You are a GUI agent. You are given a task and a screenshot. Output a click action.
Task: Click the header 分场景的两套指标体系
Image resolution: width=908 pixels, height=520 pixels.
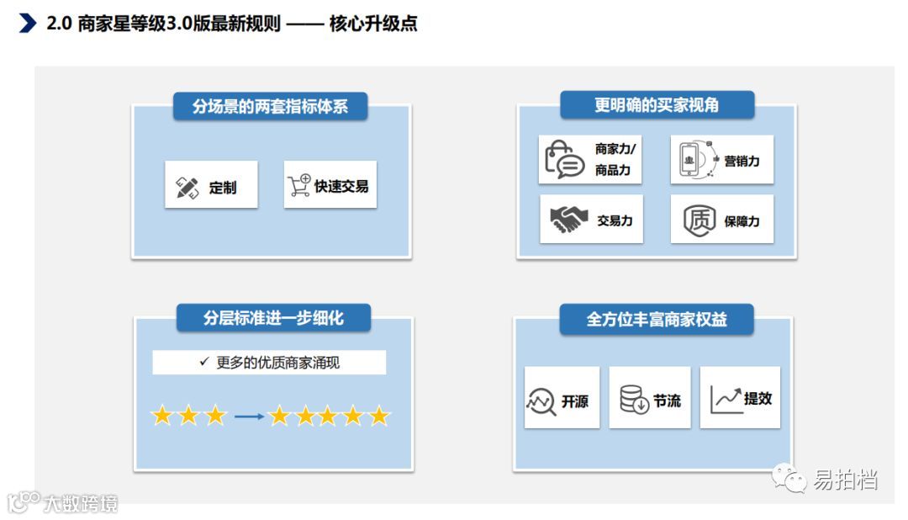(x=270, y=107)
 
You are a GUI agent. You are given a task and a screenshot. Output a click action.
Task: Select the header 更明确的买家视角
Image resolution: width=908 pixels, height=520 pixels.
(x=657, y=105)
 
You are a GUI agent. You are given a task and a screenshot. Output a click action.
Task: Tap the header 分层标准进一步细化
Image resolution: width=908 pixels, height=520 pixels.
(x=273, y=318)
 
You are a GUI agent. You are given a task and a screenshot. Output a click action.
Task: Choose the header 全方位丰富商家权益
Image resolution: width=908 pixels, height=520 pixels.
(x=657, y=320)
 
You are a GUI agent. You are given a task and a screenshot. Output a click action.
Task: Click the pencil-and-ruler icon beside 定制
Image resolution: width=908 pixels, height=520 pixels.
(x=187, y=188)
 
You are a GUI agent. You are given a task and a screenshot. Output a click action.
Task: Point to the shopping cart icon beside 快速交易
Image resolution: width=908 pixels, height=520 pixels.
(x=298, y=185)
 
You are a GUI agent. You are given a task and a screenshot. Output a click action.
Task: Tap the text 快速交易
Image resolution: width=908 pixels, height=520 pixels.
(x=341, y=186)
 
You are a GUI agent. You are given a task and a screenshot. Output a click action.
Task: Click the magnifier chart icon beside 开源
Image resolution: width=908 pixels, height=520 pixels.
(x=541, y=401)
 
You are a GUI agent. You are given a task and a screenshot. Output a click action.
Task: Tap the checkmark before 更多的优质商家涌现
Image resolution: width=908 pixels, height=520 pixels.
(x=203, y=362)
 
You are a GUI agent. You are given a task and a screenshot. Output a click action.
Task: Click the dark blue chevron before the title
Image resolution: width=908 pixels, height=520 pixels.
(x=27, y=24)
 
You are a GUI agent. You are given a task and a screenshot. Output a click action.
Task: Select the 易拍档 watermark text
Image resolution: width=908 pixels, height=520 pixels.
(x=846, y=480)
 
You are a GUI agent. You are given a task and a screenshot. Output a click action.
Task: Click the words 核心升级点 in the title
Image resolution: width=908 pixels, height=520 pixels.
(x=374, y=24)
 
